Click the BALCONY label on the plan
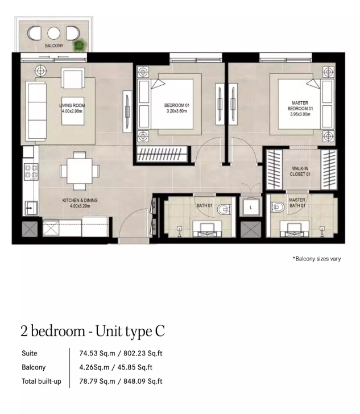[x=54, y=45]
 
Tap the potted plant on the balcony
[x=80, y=45]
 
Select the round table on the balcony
[x=53, y=33]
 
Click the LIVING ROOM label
[x=72, y=105]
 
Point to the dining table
[x=80, y=171]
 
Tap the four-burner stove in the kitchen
[x=31, y=172]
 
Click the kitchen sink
[x=31, y=208]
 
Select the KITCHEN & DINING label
[x=80, y=200]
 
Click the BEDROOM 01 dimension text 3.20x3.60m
[x=177, y=111]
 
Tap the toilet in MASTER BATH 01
[x=278, y=207]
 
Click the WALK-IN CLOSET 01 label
[x=300, y=171]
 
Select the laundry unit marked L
[x=251, y=207]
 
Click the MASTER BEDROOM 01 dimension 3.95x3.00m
[x=300, y=114]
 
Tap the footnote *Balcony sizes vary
[x=317, y=259]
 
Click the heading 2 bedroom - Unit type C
[x=93, y=331]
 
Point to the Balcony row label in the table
[x=34, y=367]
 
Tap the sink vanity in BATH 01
[x=207, y=229]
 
